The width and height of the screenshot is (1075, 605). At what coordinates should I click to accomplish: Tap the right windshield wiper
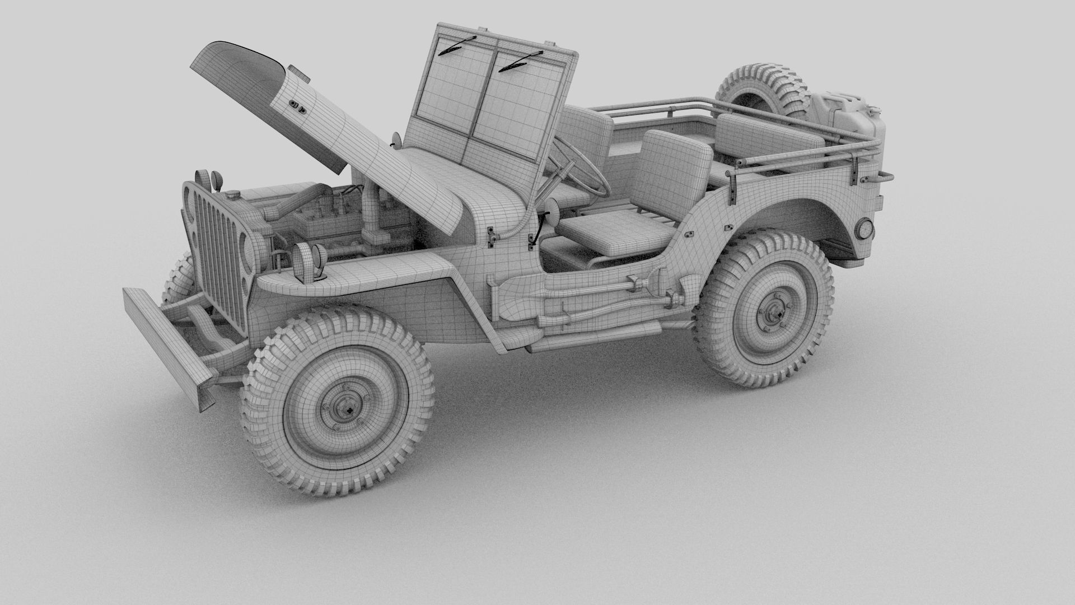pos(521,61)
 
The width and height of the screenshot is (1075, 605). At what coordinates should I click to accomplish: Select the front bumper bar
pos(168,348)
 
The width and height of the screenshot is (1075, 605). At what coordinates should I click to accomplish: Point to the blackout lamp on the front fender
pos(310,257)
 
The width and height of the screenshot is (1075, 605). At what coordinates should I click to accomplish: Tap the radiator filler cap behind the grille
pos(231,195)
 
